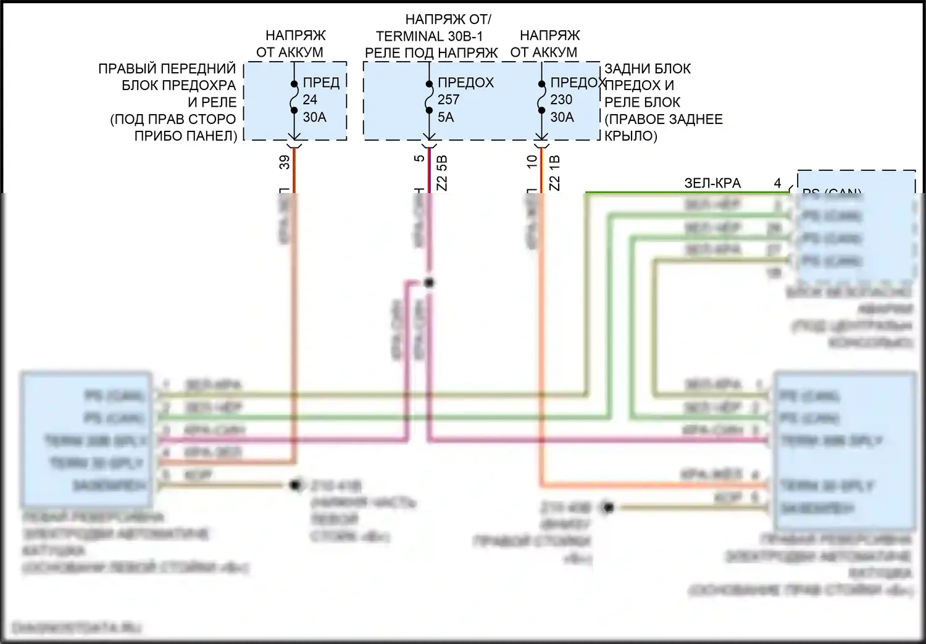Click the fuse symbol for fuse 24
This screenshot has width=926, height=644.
[294, 97]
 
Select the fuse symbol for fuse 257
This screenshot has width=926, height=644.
[428, 97]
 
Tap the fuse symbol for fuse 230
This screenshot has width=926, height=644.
[541, 97]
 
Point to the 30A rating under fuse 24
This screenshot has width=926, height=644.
[314, 117]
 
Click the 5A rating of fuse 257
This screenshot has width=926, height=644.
[446, 117]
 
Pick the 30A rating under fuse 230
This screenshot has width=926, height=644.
[562, 117]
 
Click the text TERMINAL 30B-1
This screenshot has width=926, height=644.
[429, 36]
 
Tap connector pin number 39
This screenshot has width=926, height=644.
[285, 162]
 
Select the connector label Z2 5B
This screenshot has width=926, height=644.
[441, 172]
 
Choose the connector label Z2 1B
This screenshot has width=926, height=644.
[554, 172]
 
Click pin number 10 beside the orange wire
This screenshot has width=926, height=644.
[532, 162]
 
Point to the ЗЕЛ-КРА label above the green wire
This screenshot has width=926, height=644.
[712, 183]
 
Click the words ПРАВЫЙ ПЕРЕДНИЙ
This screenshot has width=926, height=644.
[167, 68]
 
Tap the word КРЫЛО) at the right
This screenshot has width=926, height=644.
[631, 136]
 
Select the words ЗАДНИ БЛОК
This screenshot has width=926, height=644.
[648, 68]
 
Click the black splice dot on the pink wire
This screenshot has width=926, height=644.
[429, 283]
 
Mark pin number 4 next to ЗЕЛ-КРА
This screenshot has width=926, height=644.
[778, 183]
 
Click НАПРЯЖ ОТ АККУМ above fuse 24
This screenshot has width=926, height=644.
[290, 44]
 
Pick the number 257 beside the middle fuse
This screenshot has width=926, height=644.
[449, 99]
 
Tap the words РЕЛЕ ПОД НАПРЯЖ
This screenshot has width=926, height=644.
[431, 53]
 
